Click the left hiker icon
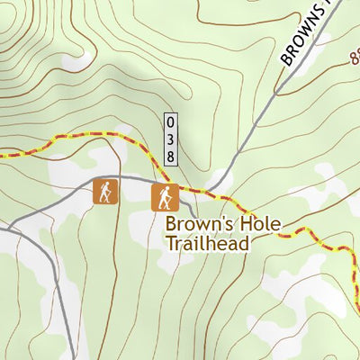(x=105, y=191)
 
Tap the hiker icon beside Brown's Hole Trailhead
(x=163, y=196)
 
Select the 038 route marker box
(x=170, y=139)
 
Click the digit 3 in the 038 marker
(x=170, y=139)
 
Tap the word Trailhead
(x=206, y=242)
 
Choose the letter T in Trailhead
(x=169, y=242)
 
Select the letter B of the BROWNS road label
(x=287, y=62)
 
